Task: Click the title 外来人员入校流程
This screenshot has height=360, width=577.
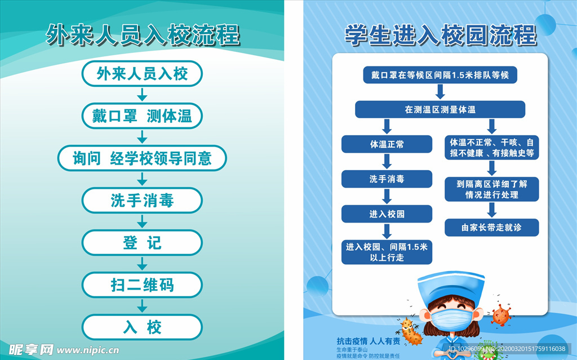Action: click(x=143, y=35)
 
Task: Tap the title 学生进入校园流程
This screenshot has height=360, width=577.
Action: click(x=440, y=35)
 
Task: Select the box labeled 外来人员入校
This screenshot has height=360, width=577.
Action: click(x=142, y=73)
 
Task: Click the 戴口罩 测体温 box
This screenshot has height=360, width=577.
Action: click(x=142, y=116)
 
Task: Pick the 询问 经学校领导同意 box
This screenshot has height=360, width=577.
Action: click(x=142, y=158)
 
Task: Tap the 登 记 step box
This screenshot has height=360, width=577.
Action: click(x=142, y=243)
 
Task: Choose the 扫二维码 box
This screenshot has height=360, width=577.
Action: click(x=142, y=285)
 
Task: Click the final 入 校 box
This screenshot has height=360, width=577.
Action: click(x=142, y=327)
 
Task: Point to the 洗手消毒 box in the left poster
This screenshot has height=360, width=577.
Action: click(x=142, y=201)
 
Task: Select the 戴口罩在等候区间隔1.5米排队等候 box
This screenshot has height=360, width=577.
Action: click(x=440, y=75)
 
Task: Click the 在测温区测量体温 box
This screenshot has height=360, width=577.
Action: click(x=440, y=109)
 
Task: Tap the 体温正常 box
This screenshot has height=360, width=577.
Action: click(x=387, y=144)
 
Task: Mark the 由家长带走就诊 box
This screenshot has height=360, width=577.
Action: click(x=492, y=228)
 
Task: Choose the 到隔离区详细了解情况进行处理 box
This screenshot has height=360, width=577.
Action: click(x=492, y=189)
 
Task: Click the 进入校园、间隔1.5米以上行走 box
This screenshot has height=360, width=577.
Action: click(x=387, y=252)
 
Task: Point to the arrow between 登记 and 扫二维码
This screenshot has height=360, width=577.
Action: click(x=143, y=263)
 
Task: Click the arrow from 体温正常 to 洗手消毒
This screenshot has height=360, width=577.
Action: click(x=387, y=162)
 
